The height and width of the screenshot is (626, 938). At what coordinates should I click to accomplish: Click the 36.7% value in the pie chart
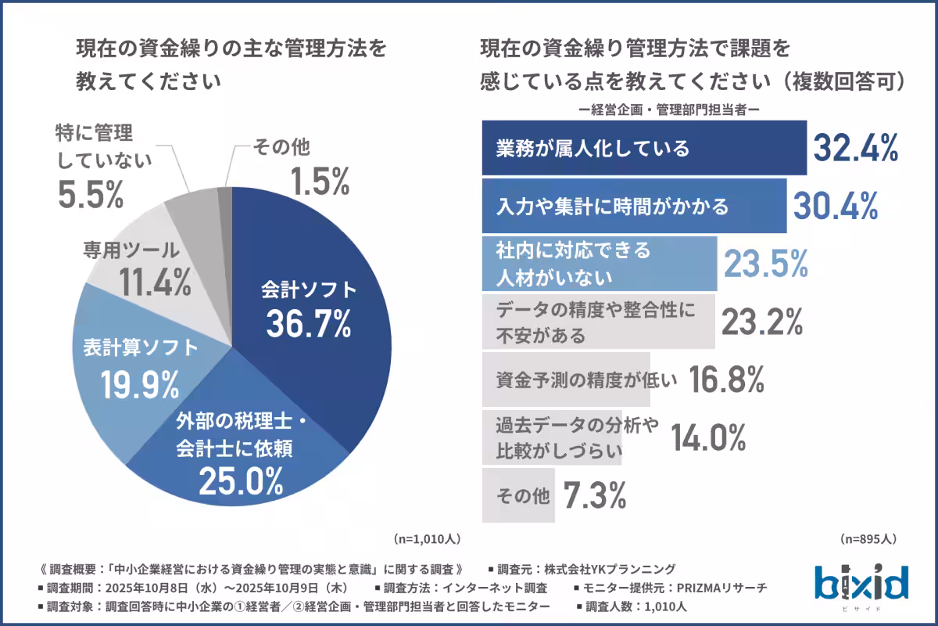308,324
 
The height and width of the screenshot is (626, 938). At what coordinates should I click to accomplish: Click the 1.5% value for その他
319,182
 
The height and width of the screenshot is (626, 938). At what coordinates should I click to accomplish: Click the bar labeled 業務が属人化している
643,148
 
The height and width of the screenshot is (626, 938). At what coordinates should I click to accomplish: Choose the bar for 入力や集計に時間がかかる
633,206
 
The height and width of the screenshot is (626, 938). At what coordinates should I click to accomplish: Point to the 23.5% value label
764,264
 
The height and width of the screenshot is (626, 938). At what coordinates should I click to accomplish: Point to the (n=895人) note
868,539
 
